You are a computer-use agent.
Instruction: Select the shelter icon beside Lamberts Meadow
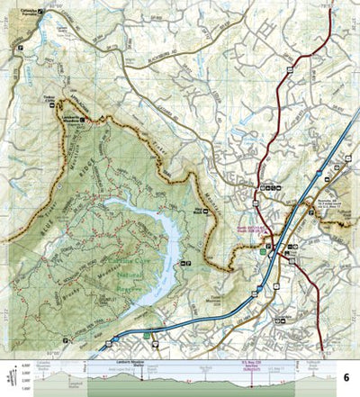pos(84,119)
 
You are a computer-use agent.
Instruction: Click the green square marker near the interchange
pos(263,253)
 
